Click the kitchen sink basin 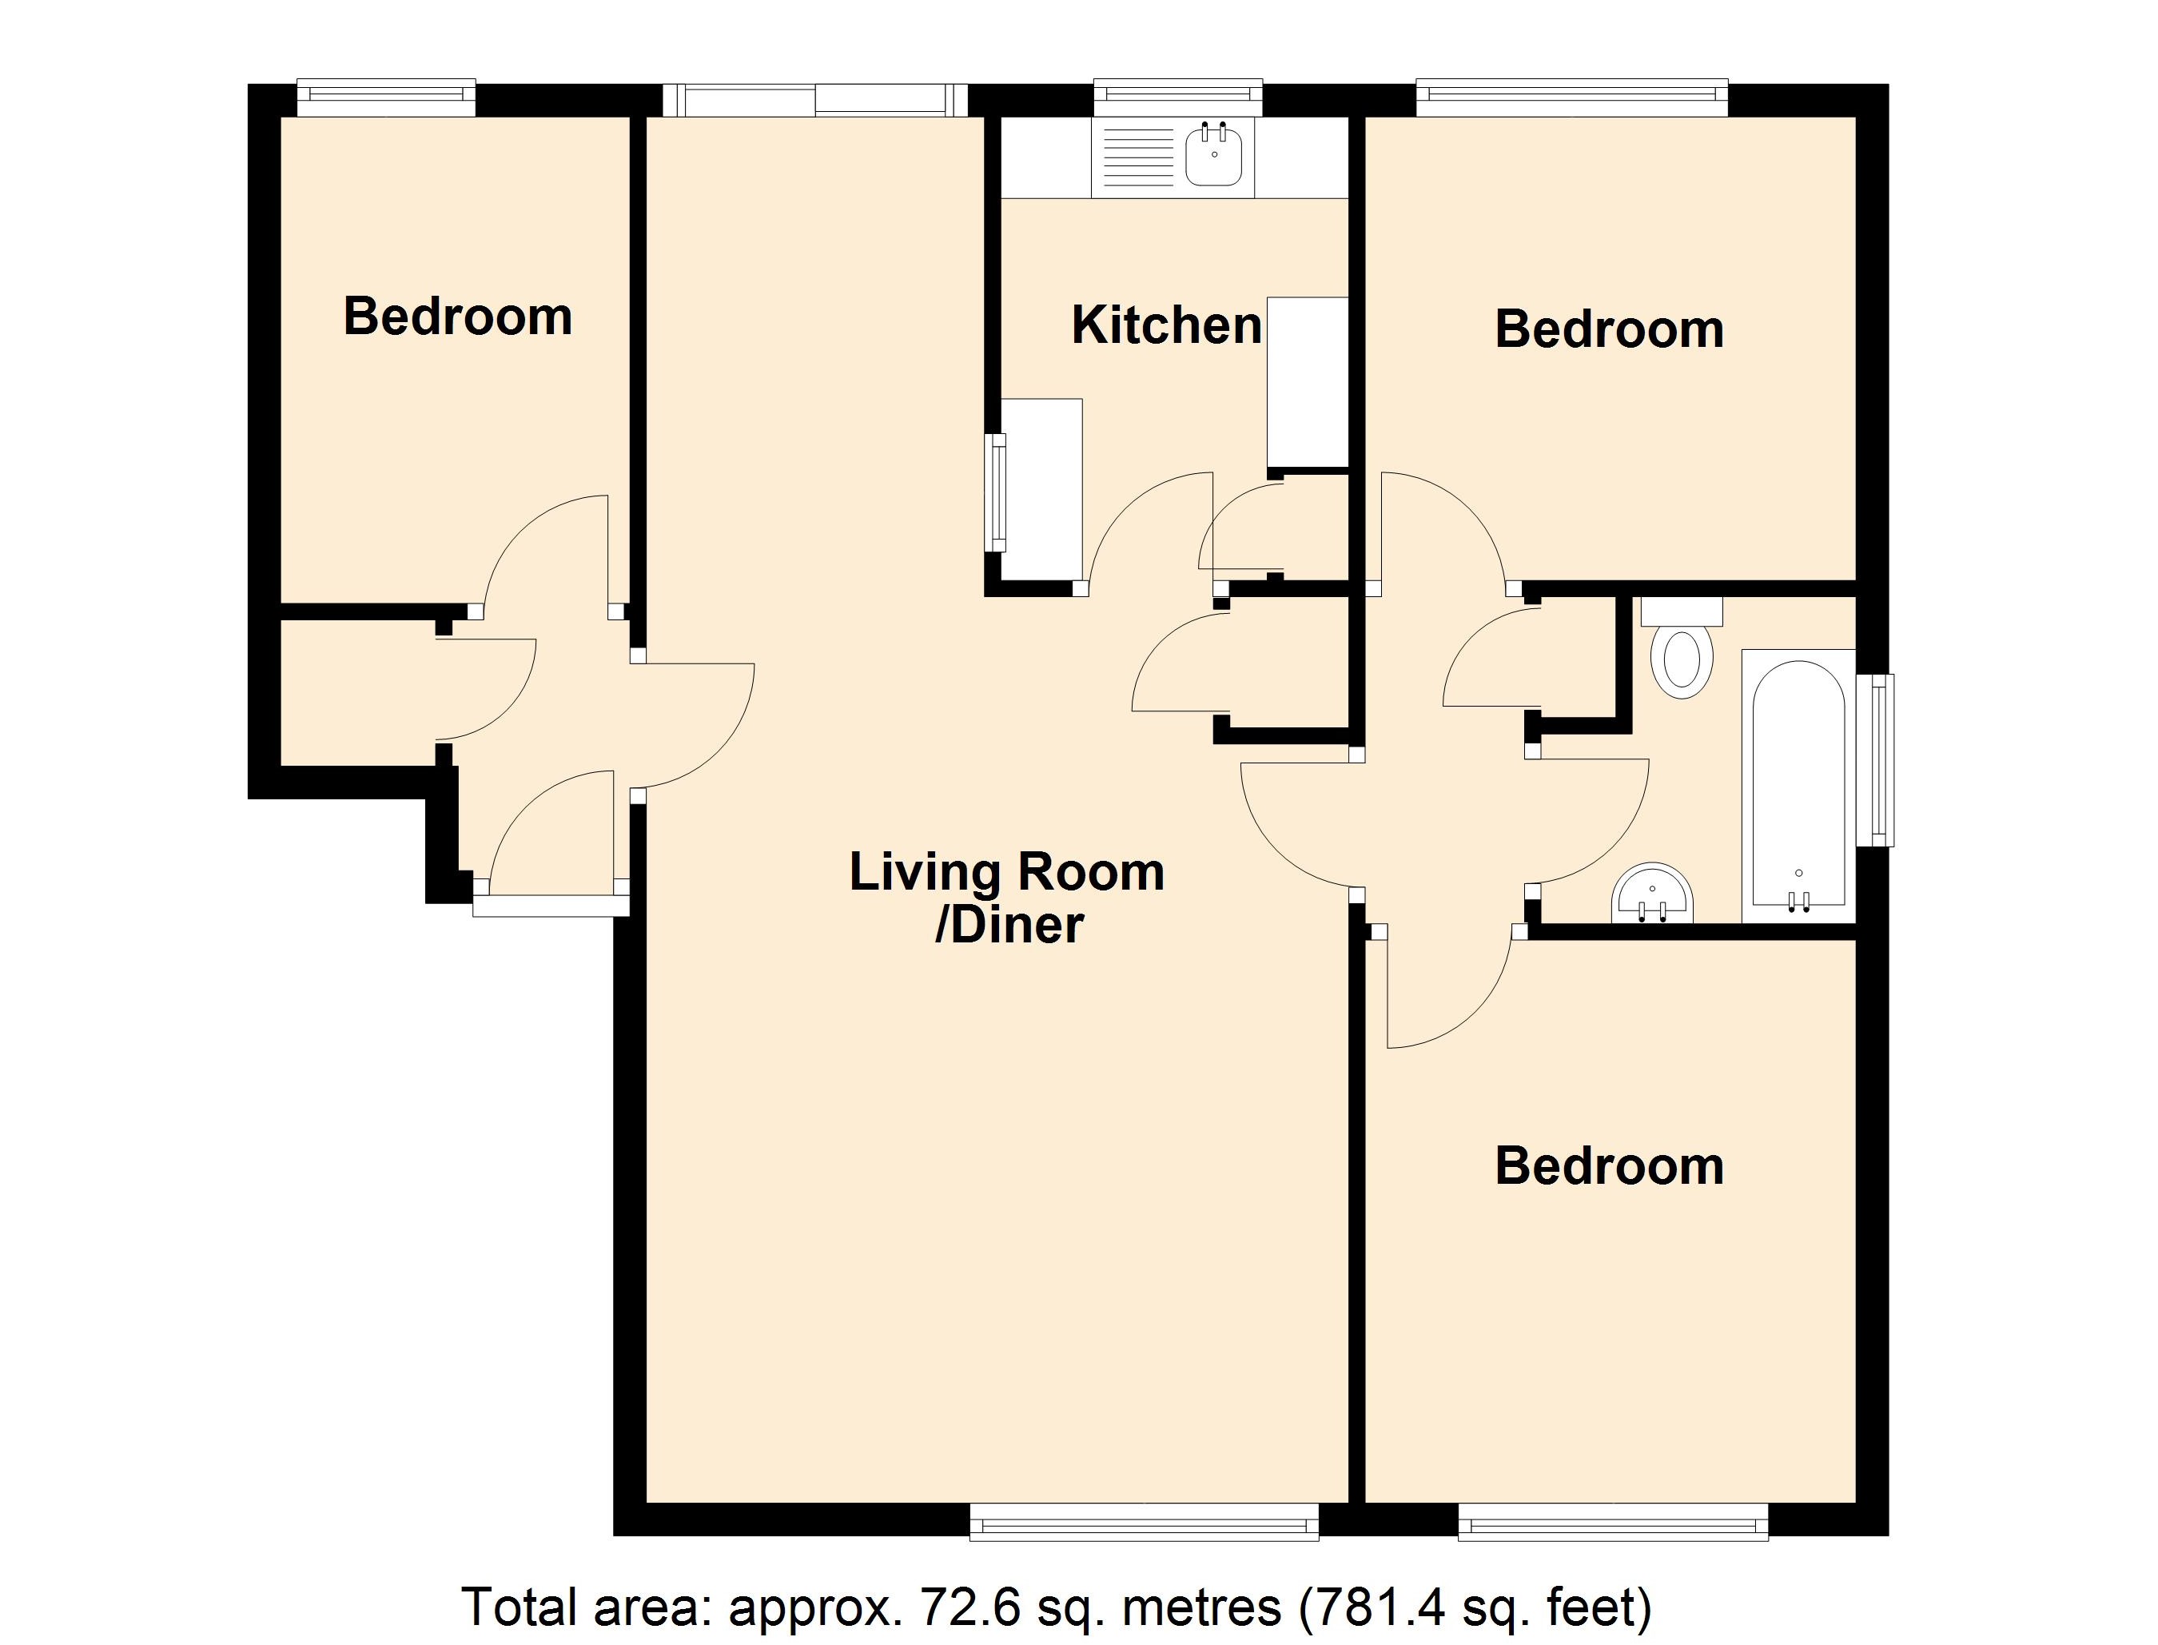1214,157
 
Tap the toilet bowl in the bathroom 1680,662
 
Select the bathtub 1798,783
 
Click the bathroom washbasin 1652,894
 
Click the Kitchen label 1166,325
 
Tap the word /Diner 1009,926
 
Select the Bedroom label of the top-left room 457,317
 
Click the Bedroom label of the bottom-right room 1609,1166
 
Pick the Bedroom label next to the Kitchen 1609,329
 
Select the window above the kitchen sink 1177,95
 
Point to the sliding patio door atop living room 814,100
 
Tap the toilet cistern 1680,612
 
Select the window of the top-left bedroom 386,94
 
